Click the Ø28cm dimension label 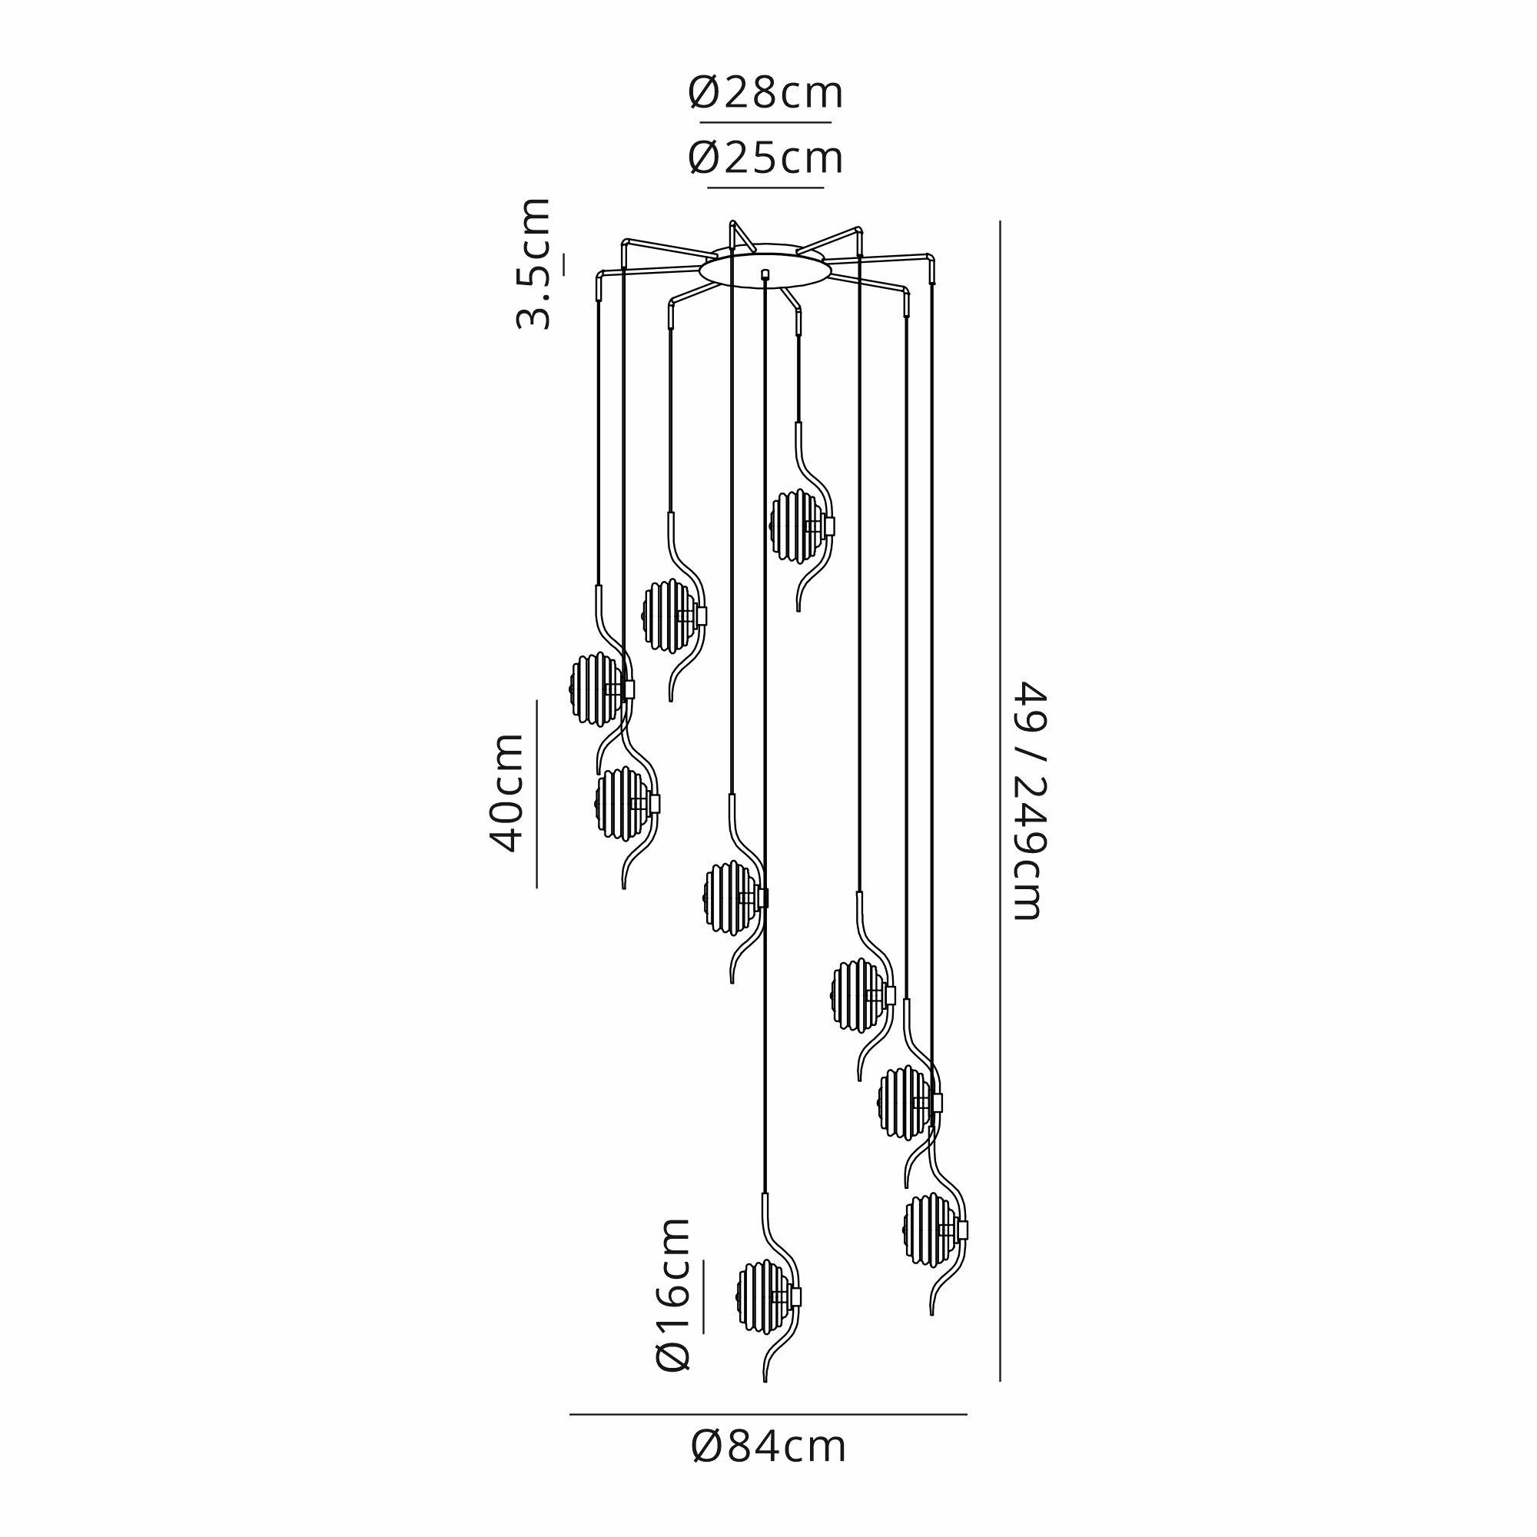click(765, 94)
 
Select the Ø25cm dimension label click(765, 158)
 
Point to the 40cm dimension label click(506, 793)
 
